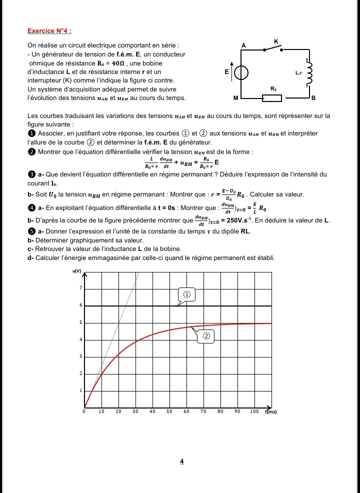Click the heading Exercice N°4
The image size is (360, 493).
point(49,31)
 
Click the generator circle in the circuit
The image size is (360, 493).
point(241,73)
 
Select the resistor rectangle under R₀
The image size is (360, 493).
point(273,97)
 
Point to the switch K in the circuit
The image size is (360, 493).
point(272,47)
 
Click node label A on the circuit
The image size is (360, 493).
point(243,45)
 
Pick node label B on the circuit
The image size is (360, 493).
point(313,98)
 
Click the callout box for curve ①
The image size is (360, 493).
point(186,295)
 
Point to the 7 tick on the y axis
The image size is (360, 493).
point(80,288)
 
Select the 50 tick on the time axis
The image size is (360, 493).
point(169,411)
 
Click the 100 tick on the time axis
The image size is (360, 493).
point(254,411)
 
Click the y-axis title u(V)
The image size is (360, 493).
point(77,270)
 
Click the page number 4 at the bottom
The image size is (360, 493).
point(182,461)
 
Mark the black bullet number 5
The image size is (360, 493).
point(31,231)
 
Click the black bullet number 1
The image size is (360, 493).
point(31,133)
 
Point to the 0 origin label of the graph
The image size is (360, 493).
point(83,411)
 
